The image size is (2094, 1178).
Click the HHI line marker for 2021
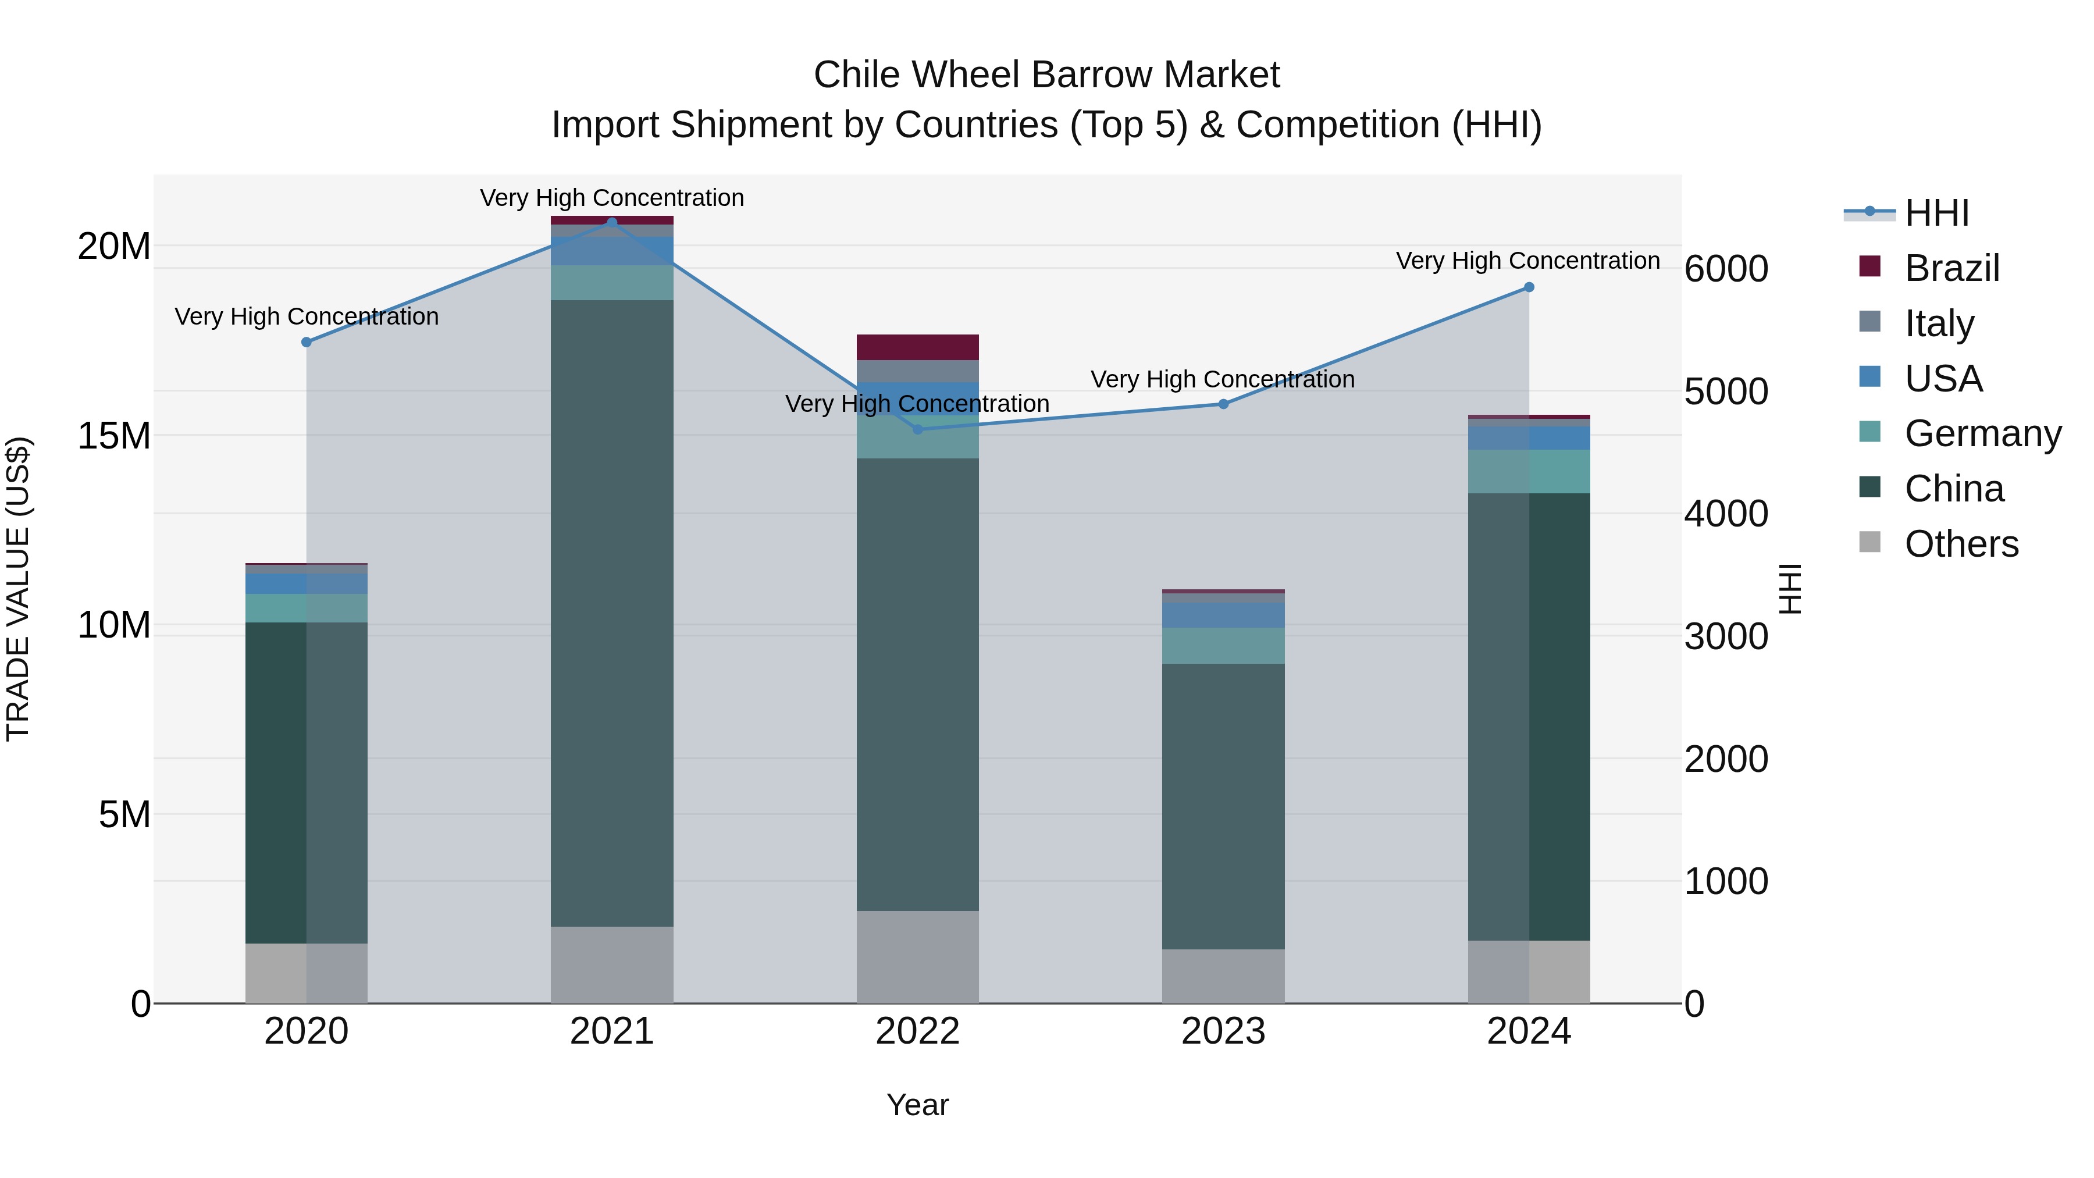coord(612,222)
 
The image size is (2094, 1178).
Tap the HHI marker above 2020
coord(307,342)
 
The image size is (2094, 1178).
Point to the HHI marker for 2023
coord(1223,404)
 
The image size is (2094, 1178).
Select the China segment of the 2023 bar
coord(1223,805)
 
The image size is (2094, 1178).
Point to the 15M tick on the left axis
coord(114,436)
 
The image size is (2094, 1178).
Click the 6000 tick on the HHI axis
coord(1726,269)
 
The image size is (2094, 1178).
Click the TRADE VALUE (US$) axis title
coord(18,589)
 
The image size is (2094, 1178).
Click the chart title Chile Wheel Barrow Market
coord(1046,75)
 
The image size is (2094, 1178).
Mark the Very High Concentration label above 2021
coord(612,198)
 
